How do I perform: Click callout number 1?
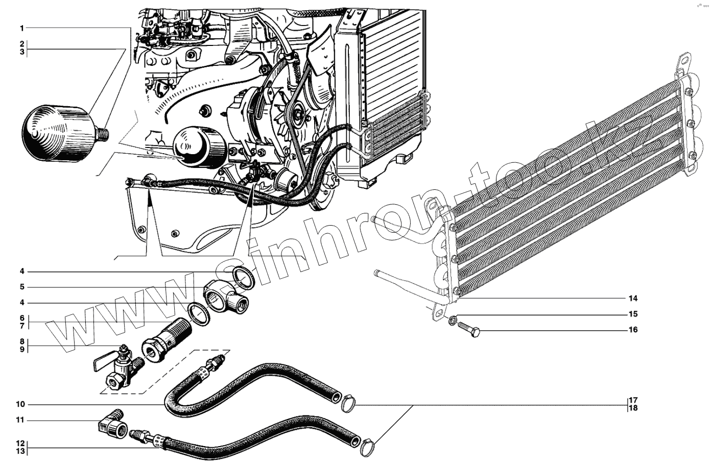click(22, 27)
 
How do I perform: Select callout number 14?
click(633, 298)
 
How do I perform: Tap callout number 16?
click(633, 330)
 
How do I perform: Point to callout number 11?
click(20, 420)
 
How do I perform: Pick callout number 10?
click(20, 405)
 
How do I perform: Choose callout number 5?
click(22, 287)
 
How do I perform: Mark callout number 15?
click(633, 314)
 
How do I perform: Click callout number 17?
click(633, 400)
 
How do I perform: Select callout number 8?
click(22, 341)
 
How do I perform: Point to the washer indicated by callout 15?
click(453, 321)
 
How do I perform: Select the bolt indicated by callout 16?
click(470, 329)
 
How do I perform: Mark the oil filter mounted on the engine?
click(197, 148)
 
